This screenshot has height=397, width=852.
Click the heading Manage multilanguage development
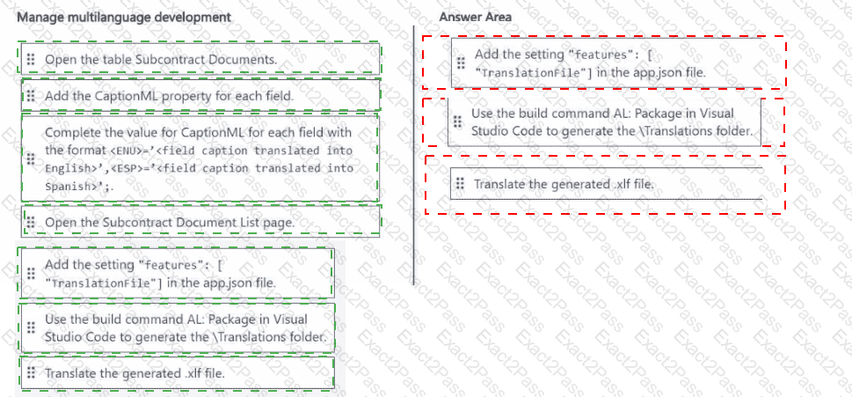124,18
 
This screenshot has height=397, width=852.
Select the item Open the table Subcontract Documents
161,60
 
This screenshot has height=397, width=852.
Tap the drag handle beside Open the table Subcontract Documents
30,59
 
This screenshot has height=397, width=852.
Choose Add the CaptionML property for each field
169,95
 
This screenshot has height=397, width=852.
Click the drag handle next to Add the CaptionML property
30,95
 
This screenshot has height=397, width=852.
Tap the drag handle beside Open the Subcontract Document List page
30,222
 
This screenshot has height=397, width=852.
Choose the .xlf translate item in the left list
135,373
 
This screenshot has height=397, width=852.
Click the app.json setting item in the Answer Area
590,63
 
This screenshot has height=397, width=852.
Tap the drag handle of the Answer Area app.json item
460,62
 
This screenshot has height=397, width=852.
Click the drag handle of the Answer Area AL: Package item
457,121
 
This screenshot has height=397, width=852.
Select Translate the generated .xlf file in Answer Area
564,184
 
